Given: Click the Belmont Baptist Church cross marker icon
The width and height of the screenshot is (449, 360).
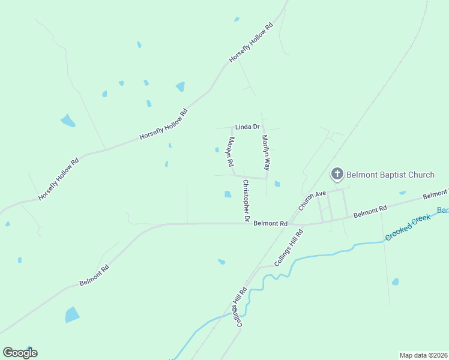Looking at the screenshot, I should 337,175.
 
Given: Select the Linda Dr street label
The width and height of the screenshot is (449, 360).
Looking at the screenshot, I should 247,127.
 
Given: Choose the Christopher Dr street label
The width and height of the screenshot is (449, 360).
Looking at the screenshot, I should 246,200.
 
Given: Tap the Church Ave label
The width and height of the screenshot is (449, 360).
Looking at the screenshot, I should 312,200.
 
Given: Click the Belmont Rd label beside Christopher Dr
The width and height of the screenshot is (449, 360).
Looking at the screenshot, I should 271,223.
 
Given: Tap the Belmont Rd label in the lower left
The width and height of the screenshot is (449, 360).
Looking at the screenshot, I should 94,275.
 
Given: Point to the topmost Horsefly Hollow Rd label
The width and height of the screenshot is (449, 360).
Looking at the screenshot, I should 251,44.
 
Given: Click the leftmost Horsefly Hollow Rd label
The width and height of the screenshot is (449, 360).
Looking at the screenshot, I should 58,179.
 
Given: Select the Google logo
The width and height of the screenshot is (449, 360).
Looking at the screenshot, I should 20,353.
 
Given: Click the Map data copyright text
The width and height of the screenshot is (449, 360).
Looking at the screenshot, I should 423,355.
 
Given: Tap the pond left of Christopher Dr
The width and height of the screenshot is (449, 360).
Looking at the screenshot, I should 228,194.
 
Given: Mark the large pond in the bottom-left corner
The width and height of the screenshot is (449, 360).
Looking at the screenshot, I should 72,314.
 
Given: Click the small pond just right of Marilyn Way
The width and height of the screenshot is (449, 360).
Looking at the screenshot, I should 277,184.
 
